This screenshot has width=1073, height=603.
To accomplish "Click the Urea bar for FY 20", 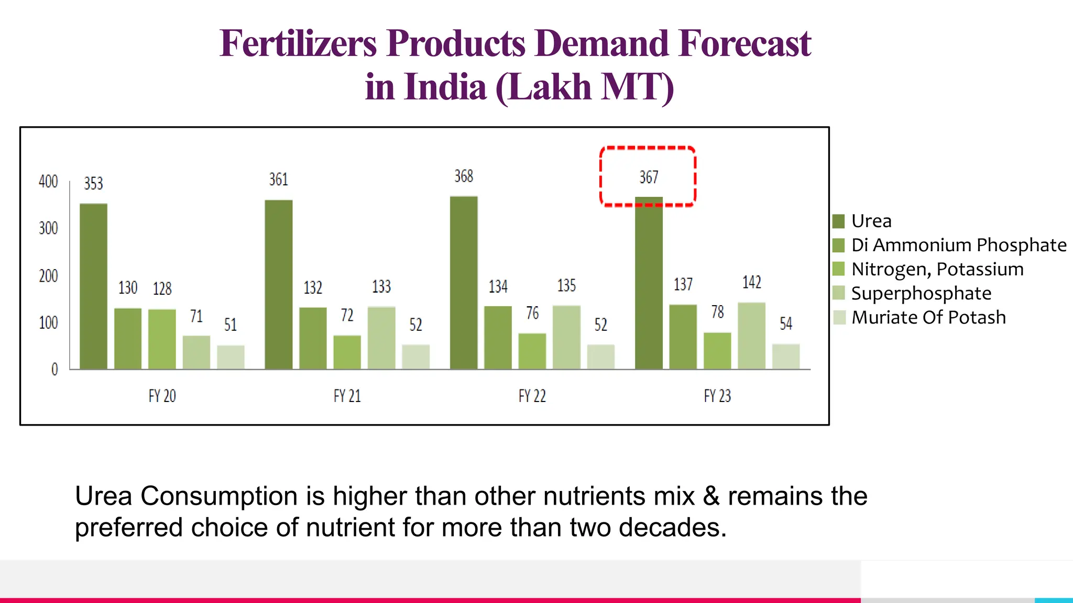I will (x=93, y=286).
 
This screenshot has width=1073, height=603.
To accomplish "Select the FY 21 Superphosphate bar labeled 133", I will (x=381, y=338).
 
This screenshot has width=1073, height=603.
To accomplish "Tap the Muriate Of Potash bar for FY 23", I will (x=786, y=356).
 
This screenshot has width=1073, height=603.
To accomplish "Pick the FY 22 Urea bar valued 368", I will (x=464, y=283).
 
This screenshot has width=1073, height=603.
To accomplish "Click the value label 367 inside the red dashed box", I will (x=649, y=177).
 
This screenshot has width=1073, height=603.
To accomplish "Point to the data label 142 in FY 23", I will (x=752, y=283).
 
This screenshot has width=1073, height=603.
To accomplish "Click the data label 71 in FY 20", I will (x=196, y=316).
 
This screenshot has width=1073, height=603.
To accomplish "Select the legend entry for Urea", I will (x=871, y=221).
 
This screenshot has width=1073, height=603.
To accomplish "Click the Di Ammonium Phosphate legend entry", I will (x=958, y=245).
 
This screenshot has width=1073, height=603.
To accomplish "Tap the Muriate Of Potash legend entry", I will (x=928, y=317).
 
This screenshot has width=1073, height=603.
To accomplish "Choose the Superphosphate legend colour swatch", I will (x=839, y=293).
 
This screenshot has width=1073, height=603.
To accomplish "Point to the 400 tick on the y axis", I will (x=48, y=182).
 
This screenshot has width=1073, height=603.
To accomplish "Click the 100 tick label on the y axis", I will (x=48, y=322).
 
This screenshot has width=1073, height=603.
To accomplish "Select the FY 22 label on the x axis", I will (x=532, y=396).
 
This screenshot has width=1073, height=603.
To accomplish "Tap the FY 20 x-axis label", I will (x=162, y=396).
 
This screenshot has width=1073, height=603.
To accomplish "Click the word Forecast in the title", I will (x=744, y=43).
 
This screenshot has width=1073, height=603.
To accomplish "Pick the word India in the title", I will (x=445, y=87).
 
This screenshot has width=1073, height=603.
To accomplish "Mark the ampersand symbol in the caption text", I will (x=710, y=496).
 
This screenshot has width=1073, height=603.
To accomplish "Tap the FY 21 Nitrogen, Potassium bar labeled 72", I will (x=347, y=352).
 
